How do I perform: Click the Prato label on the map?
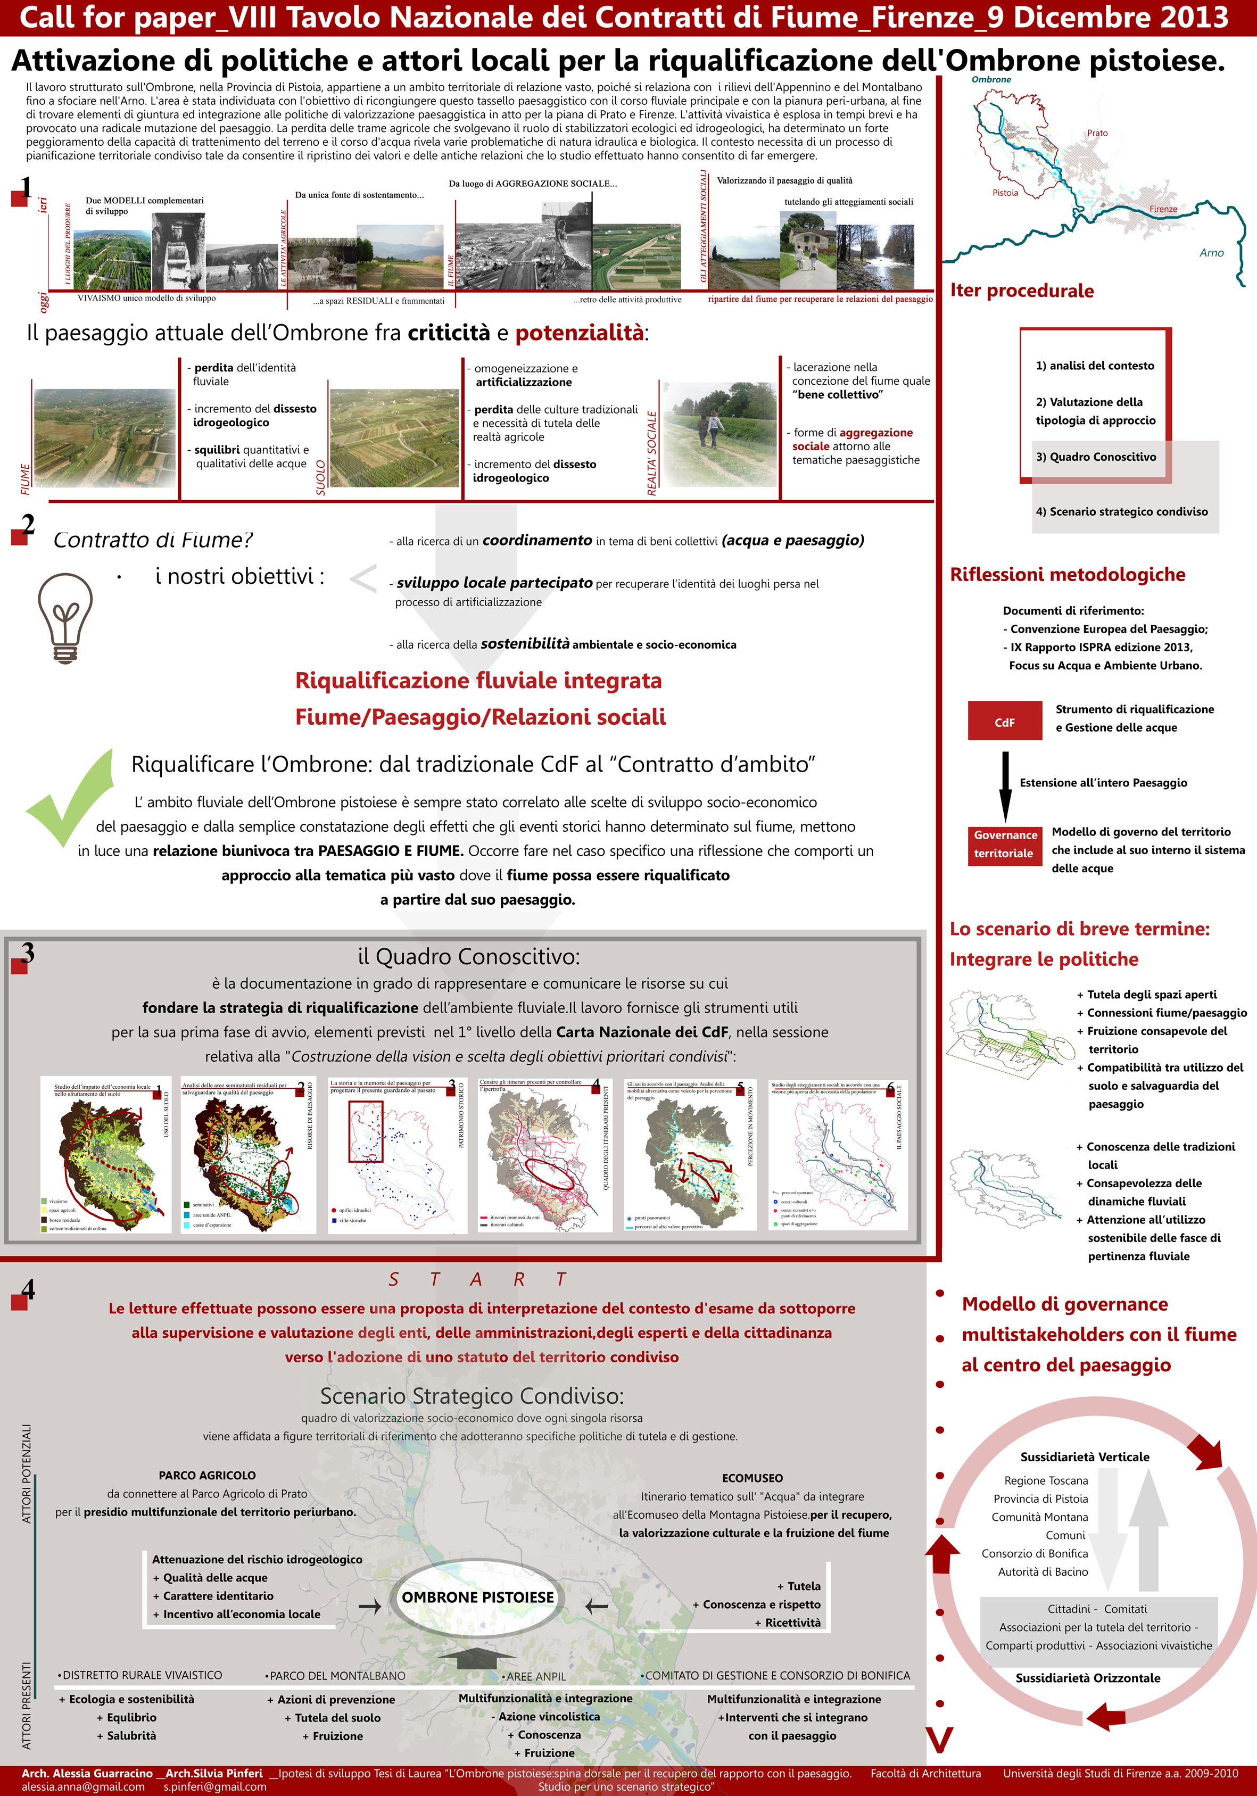tap(1097, 133)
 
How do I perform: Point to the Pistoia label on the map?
tap(1005, 193)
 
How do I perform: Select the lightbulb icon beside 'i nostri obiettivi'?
tap(65, 618)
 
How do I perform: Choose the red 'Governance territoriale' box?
tap(1005, 844)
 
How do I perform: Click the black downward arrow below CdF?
tap(1005, 785)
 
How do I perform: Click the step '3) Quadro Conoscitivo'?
tap(1095, 457)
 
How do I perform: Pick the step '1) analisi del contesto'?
tap(1094, 365)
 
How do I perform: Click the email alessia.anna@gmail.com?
tap(83, 1786)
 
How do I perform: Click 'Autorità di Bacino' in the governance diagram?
tap(1042, 1571)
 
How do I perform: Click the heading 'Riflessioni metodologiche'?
tap(1067, 575)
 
